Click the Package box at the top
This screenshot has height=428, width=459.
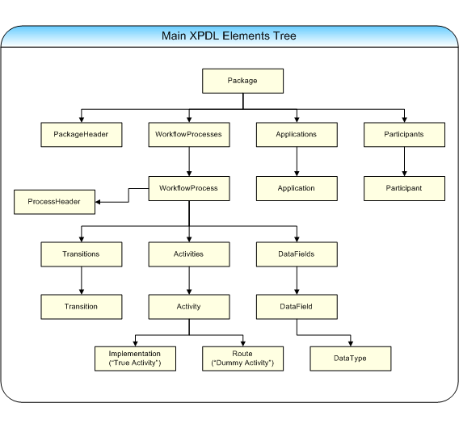(x=242, y=81)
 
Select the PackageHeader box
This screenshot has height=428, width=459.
(x=82, y=135)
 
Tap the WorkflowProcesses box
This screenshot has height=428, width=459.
(x=189, y=135)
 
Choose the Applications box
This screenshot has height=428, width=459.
(x=297, y=135)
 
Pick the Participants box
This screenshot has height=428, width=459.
(x=404, y=135)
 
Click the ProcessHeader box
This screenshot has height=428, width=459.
(x=54, y=202)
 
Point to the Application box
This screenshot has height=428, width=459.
(x=297, y=188)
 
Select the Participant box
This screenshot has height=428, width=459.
(x=404, y=188)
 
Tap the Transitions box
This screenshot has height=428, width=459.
(x=82, y=254)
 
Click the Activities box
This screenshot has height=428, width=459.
(x=189, y=254)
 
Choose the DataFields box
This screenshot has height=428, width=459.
(x=297, y=254)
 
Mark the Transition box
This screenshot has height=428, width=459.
(x=82, y=307)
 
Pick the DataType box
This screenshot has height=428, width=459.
(x=351, y=359)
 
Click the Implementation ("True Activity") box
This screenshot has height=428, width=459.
(x=135, y=359)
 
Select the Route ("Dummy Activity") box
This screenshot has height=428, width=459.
(x=242, y=359)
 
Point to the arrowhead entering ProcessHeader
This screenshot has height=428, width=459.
(x=98, y=202)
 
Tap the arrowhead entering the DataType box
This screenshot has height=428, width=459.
(x=351, y=344)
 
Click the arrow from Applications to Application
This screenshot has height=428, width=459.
(x=297, y=162)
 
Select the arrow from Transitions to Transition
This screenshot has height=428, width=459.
(x=82, y=280)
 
